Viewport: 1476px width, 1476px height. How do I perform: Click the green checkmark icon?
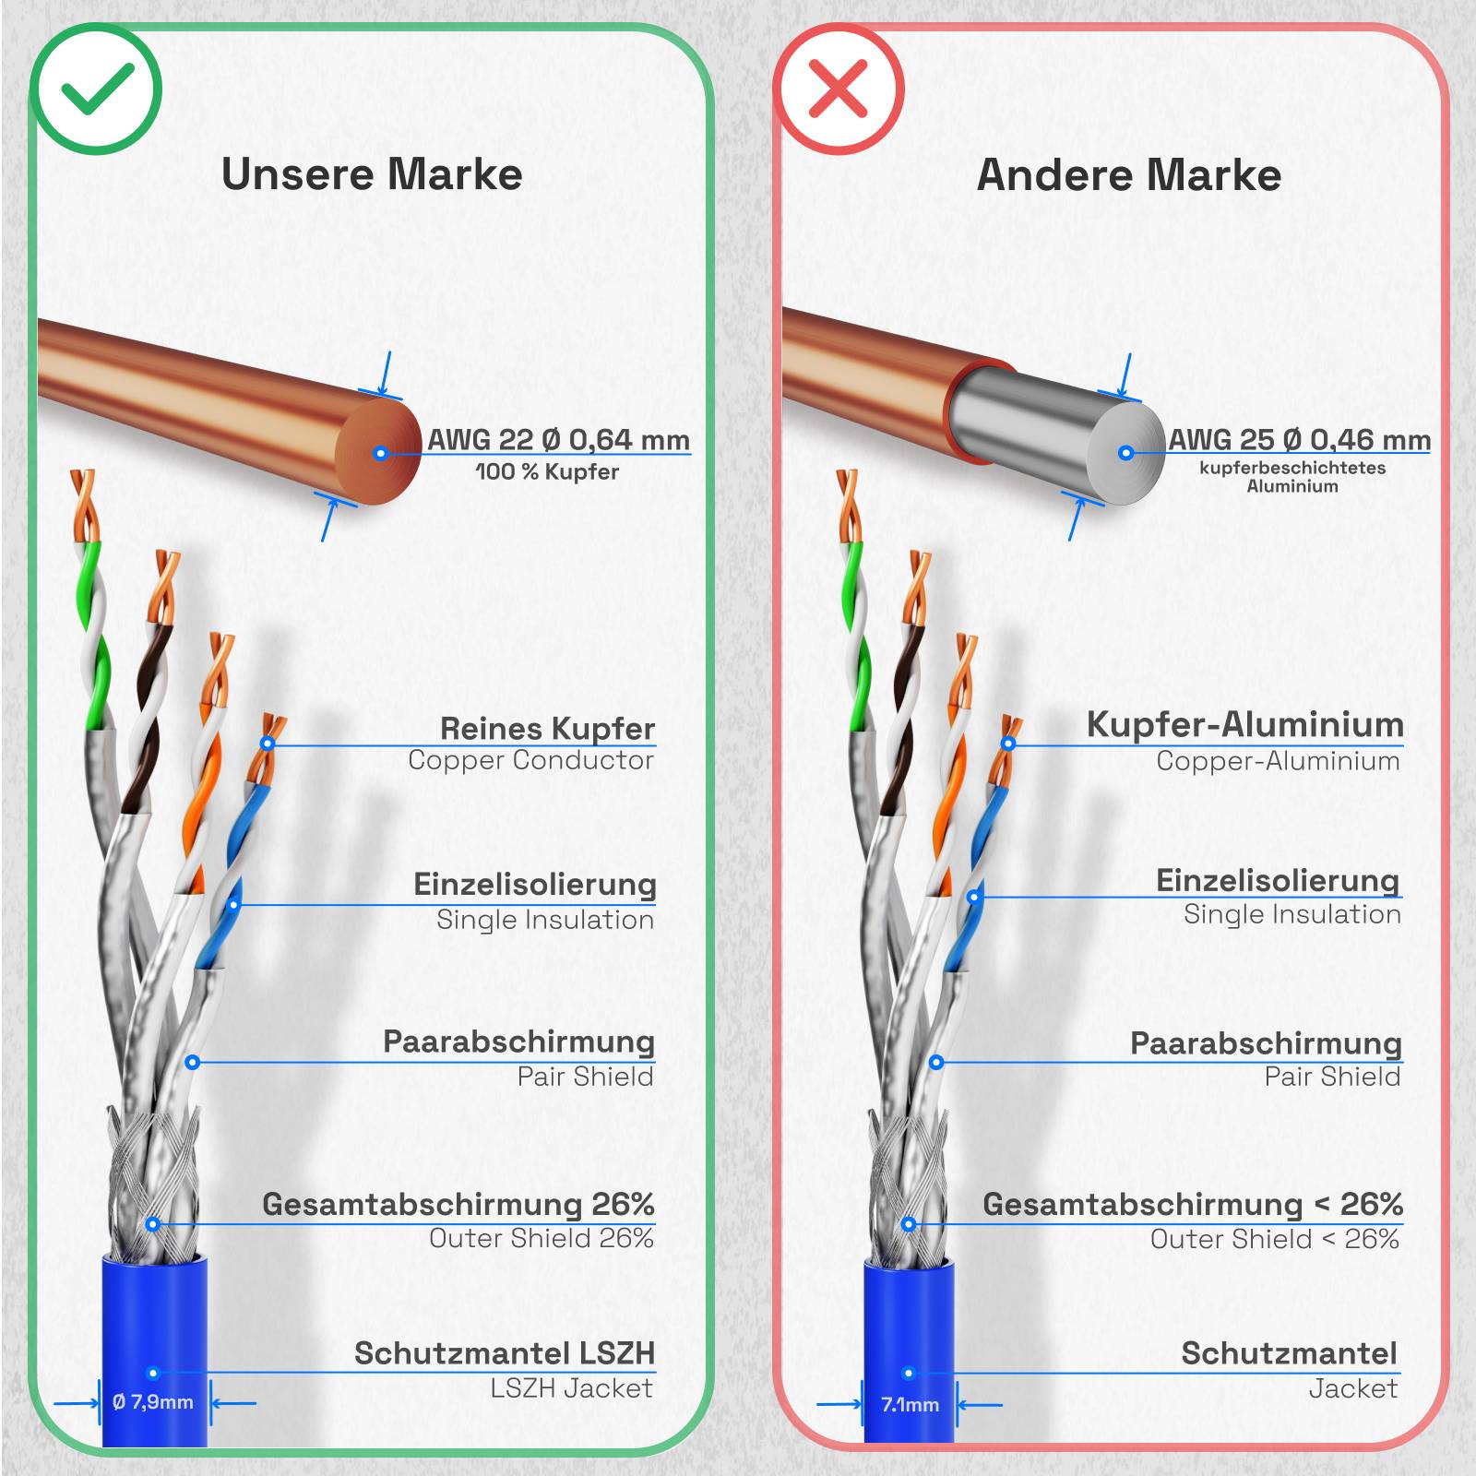(x=96, y=89)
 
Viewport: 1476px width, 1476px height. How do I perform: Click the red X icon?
(x=838, y=89)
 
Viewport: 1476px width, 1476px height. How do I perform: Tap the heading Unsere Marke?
(x=372, y=174)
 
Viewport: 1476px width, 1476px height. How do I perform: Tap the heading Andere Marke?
(x=1128, y=175)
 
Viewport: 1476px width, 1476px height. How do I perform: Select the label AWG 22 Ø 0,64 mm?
(x=558, y=440)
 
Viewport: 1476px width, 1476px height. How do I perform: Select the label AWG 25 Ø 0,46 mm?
(x=1299, y=440)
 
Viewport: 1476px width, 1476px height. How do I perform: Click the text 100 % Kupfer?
(x=547, y=472)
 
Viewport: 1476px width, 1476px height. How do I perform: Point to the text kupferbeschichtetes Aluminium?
(x=1292, y=477)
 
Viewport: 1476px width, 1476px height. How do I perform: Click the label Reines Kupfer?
(x=547, y=728)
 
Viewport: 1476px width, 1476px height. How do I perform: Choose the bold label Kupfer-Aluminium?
(x=1244, y=725)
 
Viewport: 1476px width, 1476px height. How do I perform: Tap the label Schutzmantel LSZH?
(x=505, y=1353)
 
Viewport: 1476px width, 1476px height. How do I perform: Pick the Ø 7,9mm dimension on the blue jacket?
(x=153, y=1402)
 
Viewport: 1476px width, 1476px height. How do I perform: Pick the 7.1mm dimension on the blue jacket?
(x=910, y=1405)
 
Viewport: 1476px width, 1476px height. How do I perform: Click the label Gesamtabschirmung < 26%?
(x=1192, y=1204)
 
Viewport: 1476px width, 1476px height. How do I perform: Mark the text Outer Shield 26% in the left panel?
(x=542, y=1238)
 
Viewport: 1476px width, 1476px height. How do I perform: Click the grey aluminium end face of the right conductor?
(x=1126, y=453)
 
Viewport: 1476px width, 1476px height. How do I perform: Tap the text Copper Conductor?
(x=530, y=760)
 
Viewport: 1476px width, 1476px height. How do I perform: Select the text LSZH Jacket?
(x=571, y=1388)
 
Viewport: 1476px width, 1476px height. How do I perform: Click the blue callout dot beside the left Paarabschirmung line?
(x=192, y=1063)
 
